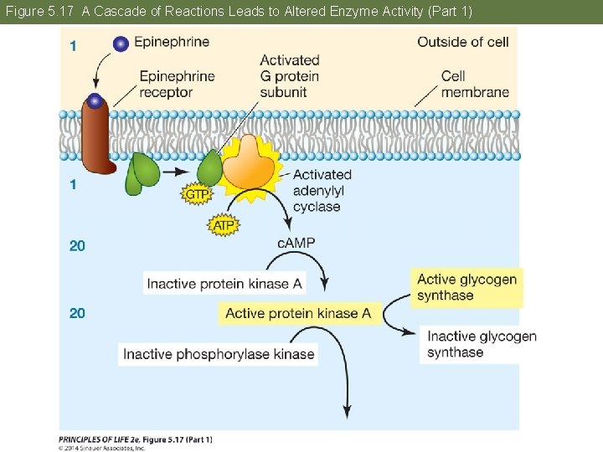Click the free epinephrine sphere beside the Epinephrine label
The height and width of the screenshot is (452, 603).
click(121, 44)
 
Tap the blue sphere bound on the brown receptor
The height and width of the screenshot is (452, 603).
click(95, 101)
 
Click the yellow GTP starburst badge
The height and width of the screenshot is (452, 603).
click(196, 194)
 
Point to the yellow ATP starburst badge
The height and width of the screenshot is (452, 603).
click(223, 225)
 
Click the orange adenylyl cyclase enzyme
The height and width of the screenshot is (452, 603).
click(248, 160)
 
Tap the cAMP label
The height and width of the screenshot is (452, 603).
click(296, 243)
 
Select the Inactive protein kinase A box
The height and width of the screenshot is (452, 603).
click(224, 284)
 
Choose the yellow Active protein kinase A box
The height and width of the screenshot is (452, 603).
click(297, 313)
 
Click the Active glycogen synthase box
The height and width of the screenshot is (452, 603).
click(466, 287)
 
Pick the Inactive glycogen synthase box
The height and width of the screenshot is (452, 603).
click(481, 344)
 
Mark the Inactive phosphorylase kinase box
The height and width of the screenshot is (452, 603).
click(219, 354)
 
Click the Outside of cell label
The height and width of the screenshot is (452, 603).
click(462, 42)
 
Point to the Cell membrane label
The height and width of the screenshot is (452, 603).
click(474, 84)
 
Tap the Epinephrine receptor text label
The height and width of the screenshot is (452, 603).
click(177, 84)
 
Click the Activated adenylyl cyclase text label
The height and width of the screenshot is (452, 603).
click(322, 190)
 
